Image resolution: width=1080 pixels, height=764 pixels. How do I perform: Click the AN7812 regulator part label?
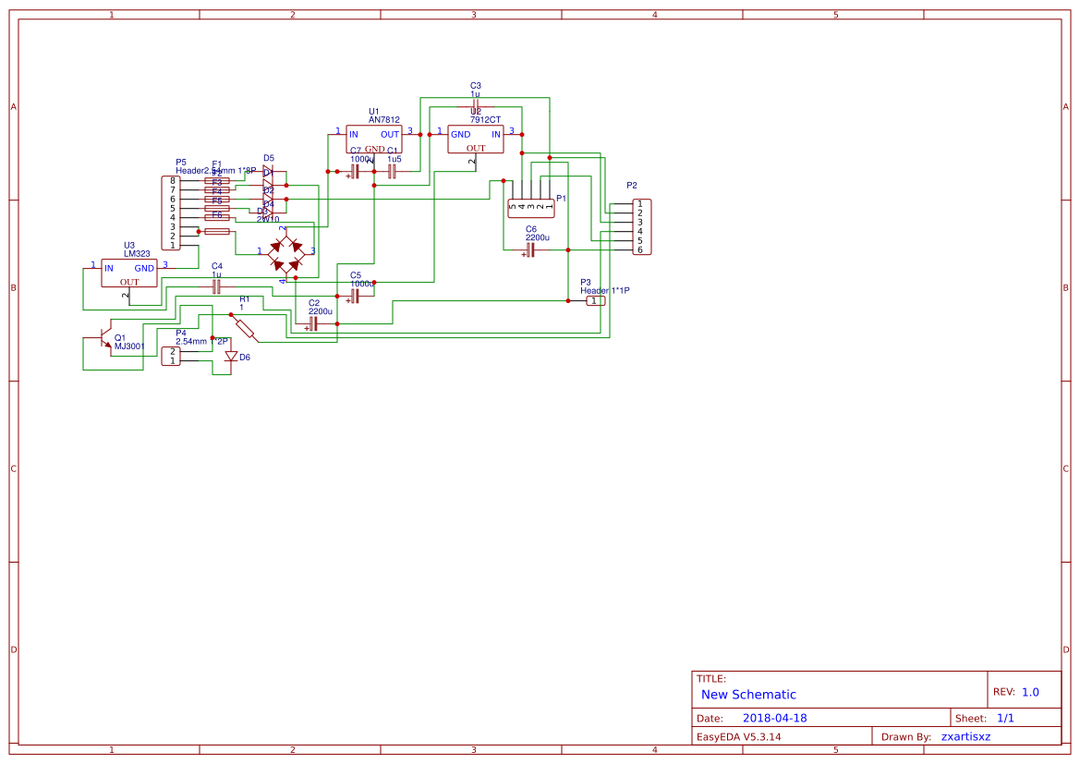[383, 120]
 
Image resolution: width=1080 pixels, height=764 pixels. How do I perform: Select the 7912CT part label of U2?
[485, 120]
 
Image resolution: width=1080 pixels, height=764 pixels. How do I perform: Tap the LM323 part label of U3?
[137, 254]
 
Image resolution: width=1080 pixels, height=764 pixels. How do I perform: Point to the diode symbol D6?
[231, 357]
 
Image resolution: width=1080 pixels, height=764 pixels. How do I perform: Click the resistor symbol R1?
[245, 327]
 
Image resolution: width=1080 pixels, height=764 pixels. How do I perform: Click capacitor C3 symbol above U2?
[475, 103]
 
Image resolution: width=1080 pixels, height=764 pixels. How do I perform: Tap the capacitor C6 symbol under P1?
[530, 249]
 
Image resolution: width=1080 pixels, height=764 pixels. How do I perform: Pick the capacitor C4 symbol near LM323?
[216, 286]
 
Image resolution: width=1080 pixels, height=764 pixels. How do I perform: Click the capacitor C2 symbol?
[313, 323]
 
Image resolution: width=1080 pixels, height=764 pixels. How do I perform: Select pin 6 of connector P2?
[639, 249]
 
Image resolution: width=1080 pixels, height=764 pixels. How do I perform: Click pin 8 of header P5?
[172, 181]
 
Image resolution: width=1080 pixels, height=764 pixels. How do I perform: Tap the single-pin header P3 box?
[597, 301]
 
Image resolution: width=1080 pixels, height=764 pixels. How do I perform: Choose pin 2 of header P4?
[172, 351]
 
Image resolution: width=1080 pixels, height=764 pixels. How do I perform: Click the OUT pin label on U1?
[390, 135]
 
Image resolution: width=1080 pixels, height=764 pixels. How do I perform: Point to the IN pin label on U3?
[108, 269]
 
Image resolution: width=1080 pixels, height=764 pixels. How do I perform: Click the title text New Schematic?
[748, 695]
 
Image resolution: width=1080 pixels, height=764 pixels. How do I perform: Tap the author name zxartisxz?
[965, 737]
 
